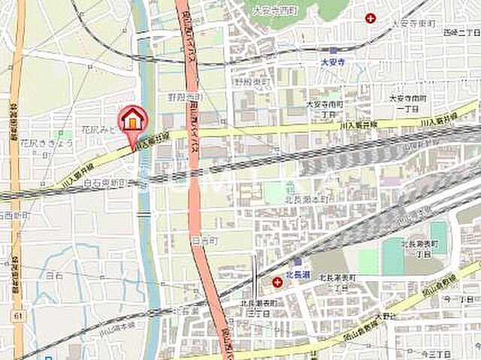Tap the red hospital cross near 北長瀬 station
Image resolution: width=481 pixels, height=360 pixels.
click(278, 282)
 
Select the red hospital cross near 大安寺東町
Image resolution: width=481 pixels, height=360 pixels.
click(370, 17)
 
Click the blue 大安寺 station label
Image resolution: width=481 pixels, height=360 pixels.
click(331, 62)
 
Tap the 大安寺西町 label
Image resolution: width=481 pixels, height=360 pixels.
click(274, 11)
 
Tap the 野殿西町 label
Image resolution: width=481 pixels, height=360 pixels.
click(185, 98)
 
